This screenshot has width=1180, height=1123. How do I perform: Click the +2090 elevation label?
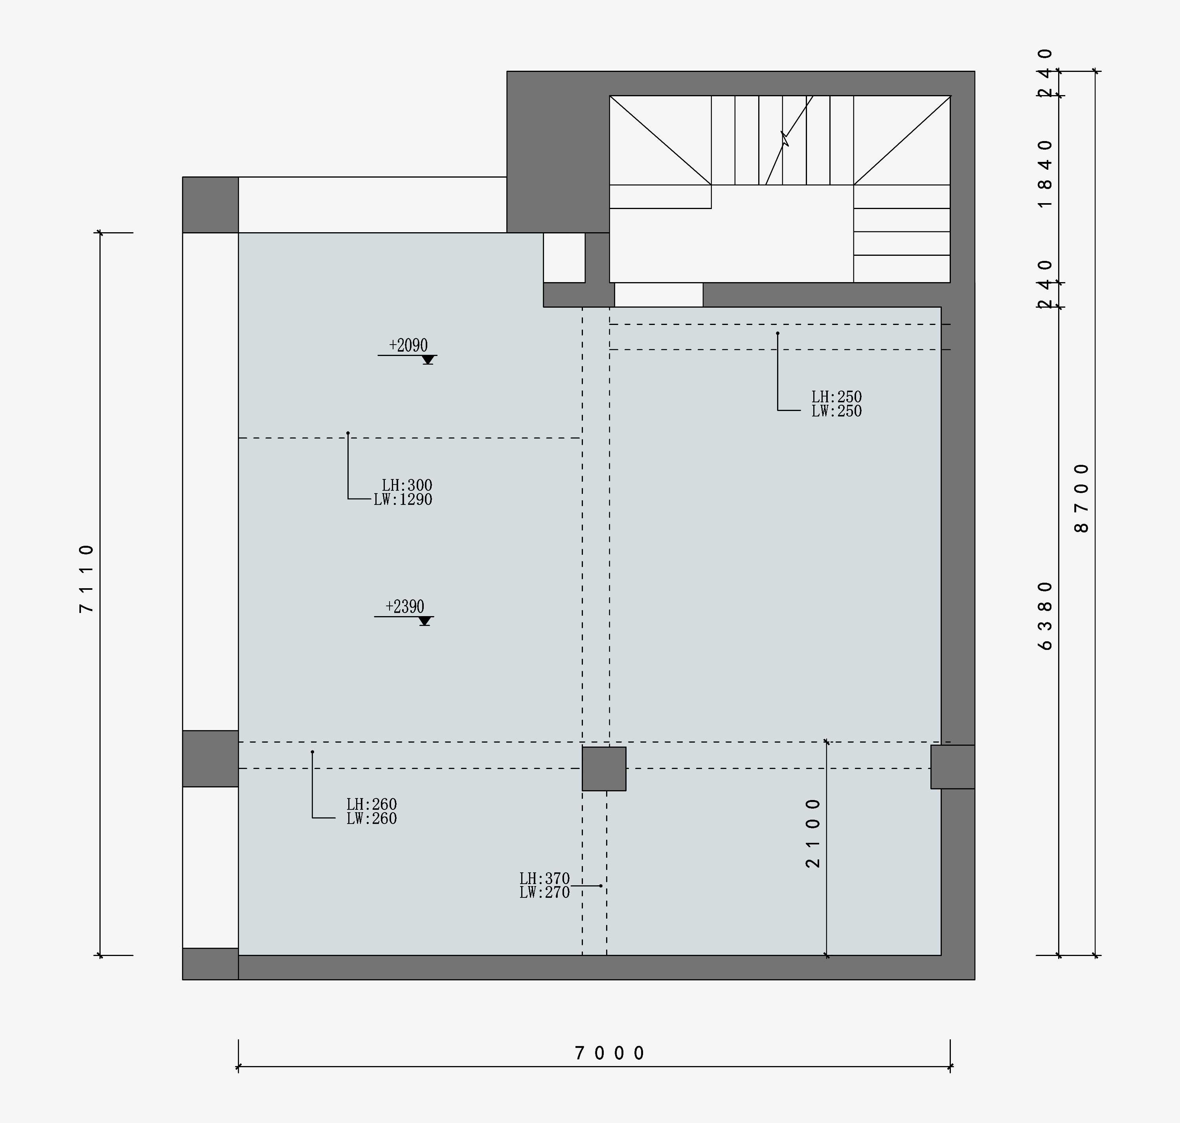[x=408, y=345]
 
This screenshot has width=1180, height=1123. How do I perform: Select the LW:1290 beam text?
[x=403, y=499]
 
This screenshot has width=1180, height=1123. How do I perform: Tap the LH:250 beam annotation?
[x=836, y=397]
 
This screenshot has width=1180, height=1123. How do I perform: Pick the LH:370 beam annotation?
[x=544, y=879]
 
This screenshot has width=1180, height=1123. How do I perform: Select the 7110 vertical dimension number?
[x=87, y=578]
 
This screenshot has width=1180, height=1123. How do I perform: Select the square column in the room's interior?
[x=604, y=769]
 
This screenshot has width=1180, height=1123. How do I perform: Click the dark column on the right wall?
[x=952, y=767]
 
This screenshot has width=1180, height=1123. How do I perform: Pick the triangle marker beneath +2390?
[x=425, y=621]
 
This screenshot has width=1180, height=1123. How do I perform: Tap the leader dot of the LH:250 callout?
[x=777, y=333]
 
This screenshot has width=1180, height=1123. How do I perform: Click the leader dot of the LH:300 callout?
[x=348, y=433]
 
